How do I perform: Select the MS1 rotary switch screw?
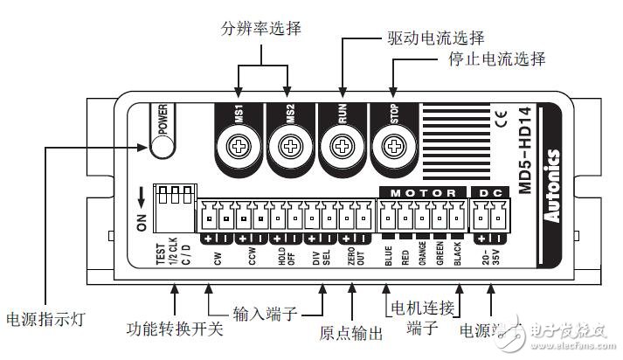(x=237, y=142)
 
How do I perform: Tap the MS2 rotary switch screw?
(x=288, y=142)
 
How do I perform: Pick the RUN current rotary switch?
(x=341, y=142)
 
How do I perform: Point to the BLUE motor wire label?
(x=388, y=263)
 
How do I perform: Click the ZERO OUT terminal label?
(x=351, y=263)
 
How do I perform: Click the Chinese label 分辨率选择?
(x=260, y=29)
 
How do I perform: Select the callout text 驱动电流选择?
(x=434, y=38)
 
